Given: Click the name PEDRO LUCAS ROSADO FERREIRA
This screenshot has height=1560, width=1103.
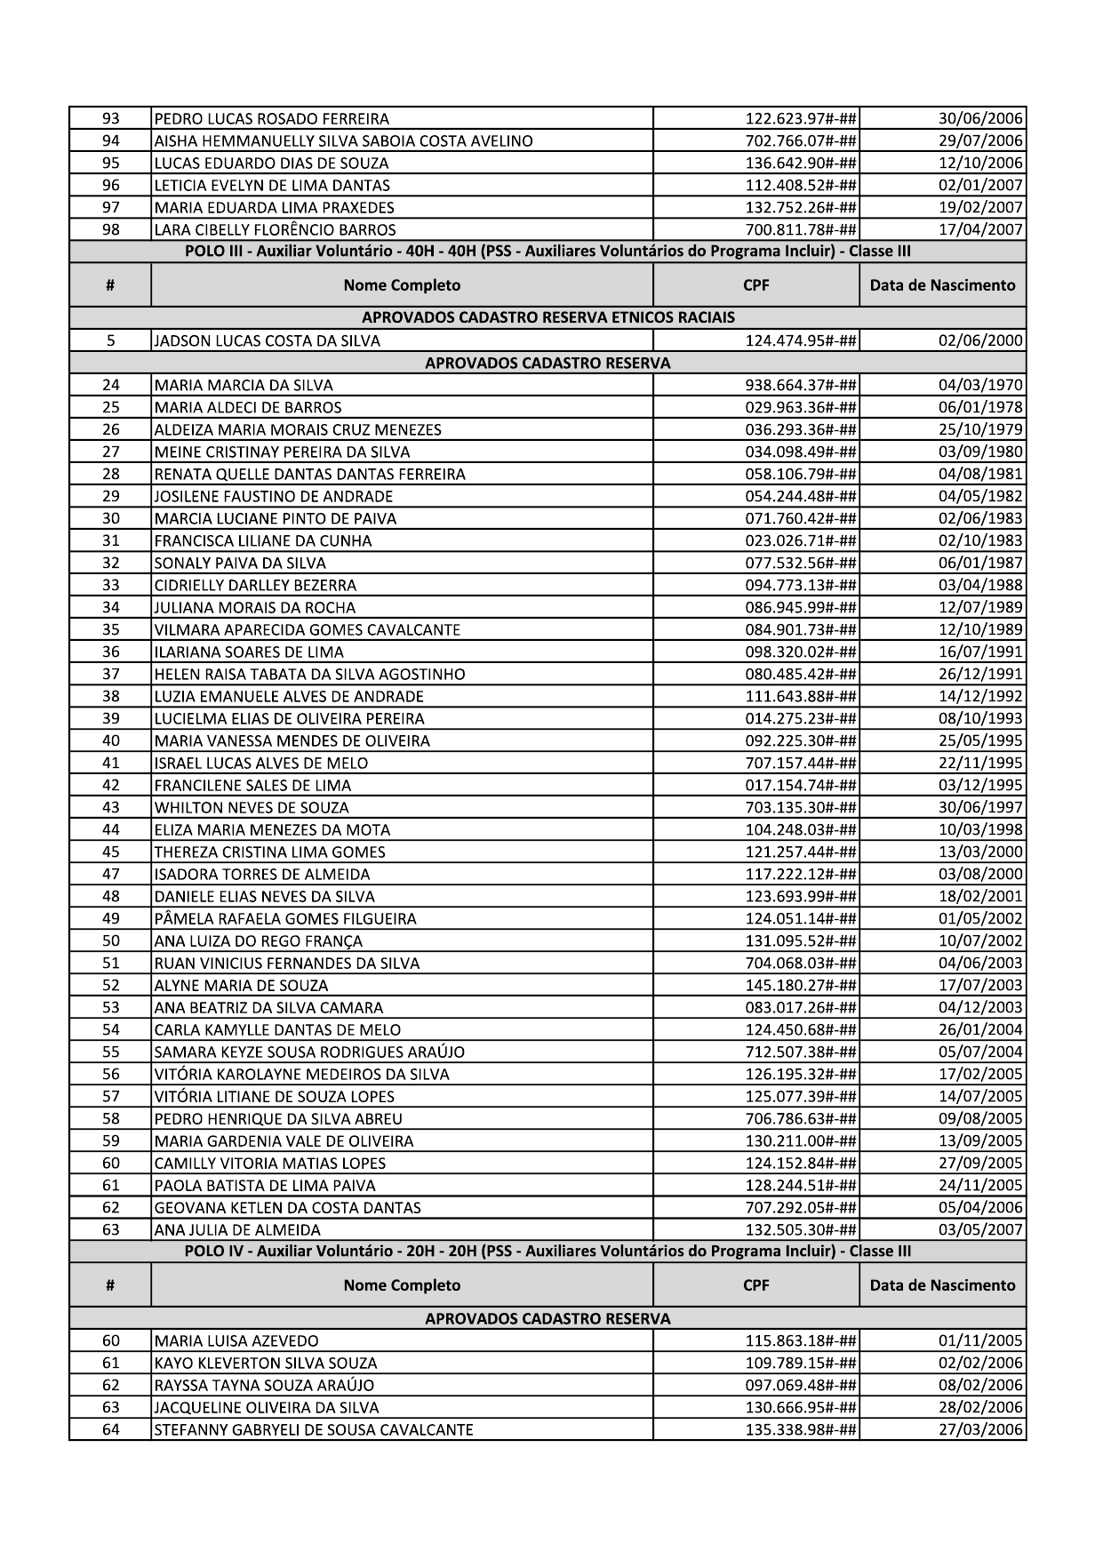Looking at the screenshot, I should [272, 119].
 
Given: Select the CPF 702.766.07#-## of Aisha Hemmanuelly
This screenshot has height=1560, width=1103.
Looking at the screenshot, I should [800, 141].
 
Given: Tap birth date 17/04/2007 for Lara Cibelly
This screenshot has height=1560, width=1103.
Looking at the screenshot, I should [980, 230].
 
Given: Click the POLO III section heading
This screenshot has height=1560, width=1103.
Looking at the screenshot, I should [548, 252].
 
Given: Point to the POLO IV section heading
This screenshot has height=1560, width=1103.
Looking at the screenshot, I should [548, 1252].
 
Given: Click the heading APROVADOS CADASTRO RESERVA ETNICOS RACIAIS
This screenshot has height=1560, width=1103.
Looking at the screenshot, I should [548, 318].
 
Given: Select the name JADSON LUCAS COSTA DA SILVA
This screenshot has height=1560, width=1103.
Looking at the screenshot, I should [268, 341].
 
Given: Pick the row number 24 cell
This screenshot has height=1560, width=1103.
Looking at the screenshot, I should [110, 386].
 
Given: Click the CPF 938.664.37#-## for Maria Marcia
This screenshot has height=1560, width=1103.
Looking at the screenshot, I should [800, 386].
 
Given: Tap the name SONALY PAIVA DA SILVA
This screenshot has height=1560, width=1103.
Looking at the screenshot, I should [241, 564].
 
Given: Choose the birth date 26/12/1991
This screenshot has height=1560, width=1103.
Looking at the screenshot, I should [980, 675].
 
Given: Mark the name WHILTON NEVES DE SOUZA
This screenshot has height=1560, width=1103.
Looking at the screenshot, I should [252, 808].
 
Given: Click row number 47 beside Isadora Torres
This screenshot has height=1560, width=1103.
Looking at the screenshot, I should [110, 875].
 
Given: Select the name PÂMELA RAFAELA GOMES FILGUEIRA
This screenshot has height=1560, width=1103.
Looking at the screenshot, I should [285, 919].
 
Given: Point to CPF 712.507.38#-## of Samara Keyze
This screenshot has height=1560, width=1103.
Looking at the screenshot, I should [800, 1052].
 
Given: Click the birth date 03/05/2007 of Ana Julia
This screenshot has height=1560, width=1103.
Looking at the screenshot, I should [980, 1230].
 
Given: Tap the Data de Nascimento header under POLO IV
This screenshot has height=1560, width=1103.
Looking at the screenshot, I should [942, 1285].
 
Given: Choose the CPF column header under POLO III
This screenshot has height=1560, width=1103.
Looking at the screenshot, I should [756, 285].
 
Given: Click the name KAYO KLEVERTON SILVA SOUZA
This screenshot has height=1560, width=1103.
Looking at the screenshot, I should [266, 1364].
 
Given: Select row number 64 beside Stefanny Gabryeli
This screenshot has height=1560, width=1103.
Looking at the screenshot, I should [110, 1430].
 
